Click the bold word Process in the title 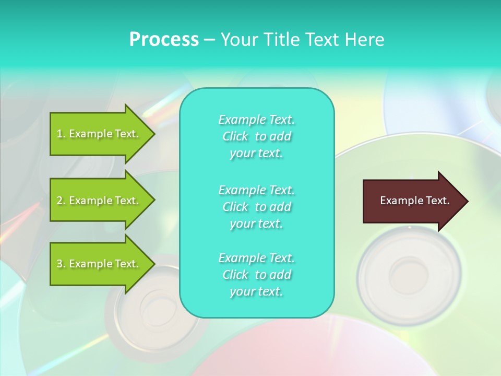[164, 40]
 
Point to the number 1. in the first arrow [61, 134]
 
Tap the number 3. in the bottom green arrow [61, 264]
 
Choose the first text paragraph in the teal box [256, 136]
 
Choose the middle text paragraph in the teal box [256, 206]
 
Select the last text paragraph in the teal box [256, 275]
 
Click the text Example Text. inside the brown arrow [414, 201]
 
